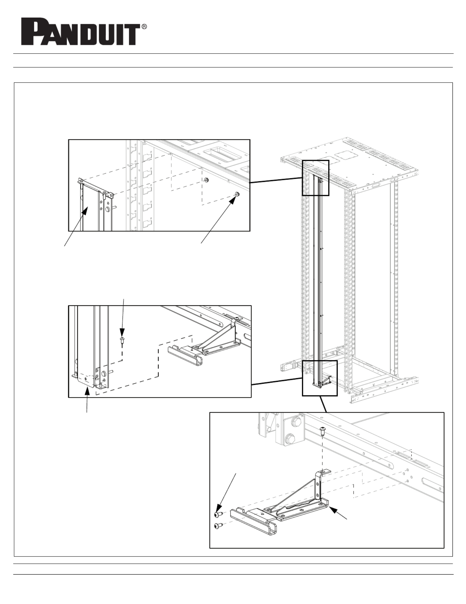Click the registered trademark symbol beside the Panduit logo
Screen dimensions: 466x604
[145, 26]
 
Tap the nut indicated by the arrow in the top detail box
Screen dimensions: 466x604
[237, 194]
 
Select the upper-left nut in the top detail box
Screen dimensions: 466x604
[206, 180]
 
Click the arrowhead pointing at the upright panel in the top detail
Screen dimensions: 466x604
[85, 211]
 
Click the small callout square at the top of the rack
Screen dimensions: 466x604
[315, 178]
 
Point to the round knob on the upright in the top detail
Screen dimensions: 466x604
[107, 209]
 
